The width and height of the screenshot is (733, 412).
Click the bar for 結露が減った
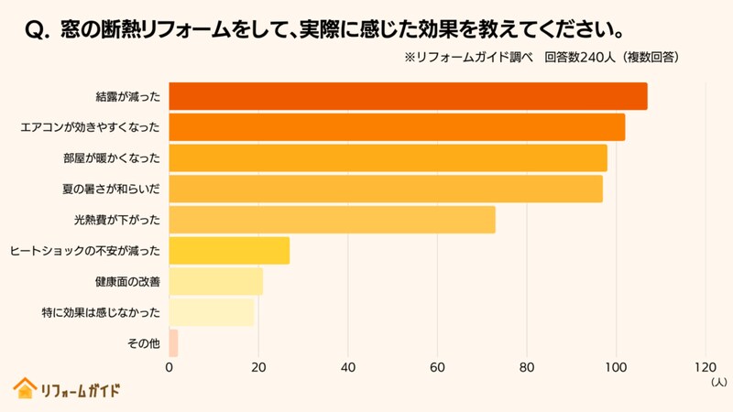click(x=408, y=96)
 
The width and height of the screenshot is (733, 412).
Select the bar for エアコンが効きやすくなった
click(x=397, y=127)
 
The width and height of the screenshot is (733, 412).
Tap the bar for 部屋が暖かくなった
click(x=388, y=158)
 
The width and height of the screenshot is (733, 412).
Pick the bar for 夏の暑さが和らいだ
click(x=386, y=189)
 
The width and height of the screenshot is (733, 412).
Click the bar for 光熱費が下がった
click(x=332, y=220)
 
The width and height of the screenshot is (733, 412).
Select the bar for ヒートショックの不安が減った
click(x=229, y=251)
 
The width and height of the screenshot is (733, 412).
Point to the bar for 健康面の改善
click(x=215, y=282)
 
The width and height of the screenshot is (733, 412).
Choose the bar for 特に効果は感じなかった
click(x=211, y=312)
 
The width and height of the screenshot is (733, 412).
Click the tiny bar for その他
click(x=173, y=343)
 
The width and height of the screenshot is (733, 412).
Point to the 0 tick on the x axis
click(x=170, y=368)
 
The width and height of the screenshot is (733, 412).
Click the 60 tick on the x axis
click(x=437, y=368)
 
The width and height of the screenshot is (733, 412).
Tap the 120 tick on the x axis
click(x=705, y=368)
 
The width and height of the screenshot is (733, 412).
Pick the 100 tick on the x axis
click(x=616, y=368)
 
